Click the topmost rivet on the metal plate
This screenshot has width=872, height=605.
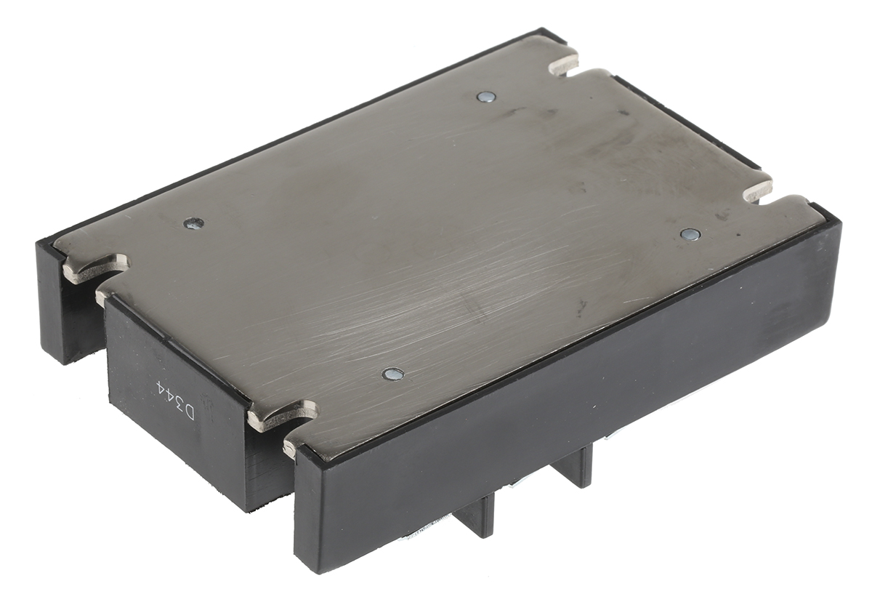click(487, 96)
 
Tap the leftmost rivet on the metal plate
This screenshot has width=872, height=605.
click(193, 223)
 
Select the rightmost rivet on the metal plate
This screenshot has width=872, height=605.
click(690, 233)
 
